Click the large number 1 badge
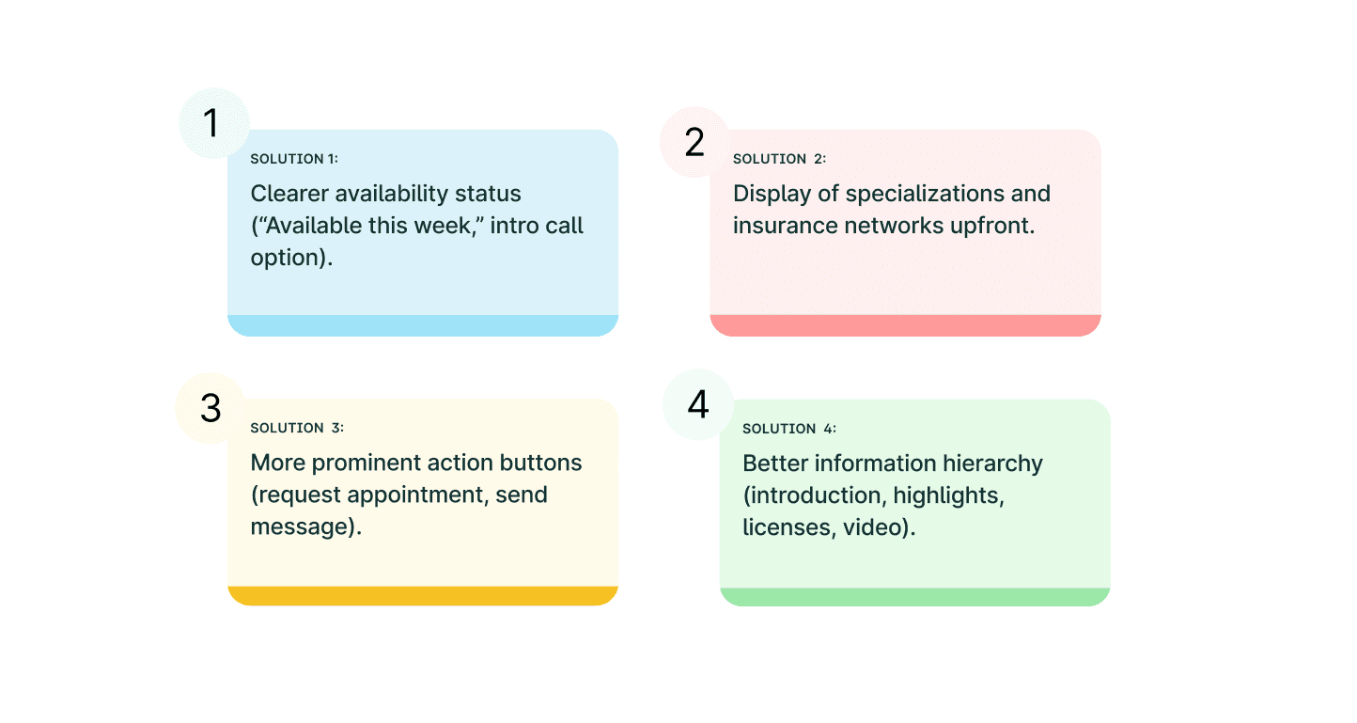214,123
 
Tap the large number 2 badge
694,142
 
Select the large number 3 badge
211,408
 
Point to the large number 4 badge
698,404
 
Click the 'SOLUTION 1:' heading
294,159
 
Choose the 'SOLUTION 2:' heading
780,159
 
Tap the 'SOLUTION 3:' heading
297,428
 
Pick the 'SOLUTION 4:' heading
789,429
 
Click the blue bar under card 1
423,325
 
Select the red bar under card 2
905,325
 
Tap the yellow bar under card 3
423,596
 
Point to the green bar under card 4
914,597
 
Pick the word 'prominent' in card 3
402,464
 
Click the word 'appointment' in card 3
417,495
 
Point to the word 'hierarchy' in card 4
992,464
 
